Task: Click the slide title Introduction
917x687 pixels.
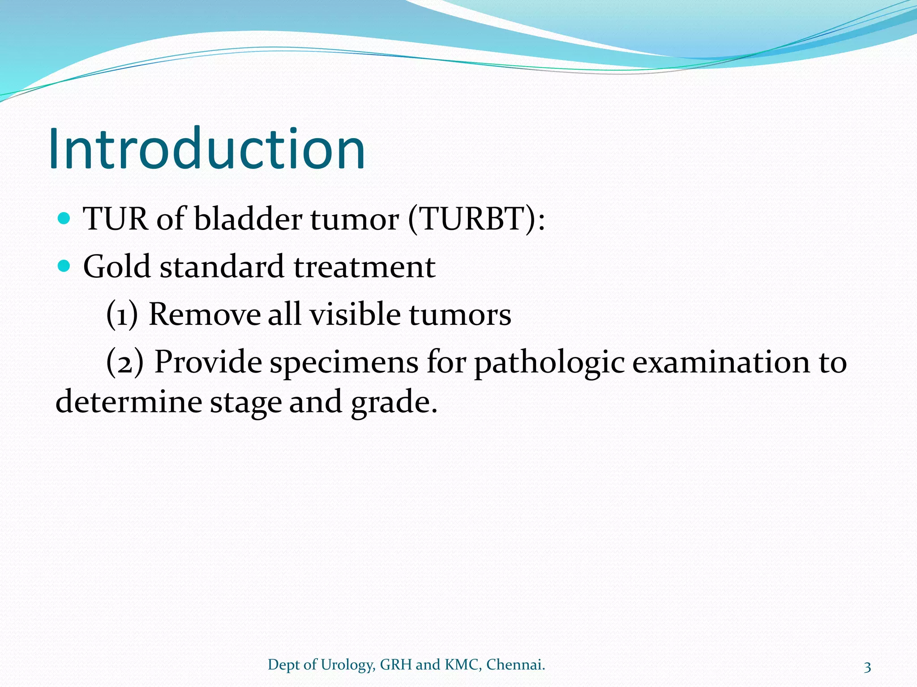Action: pyautogui.click(x=207, y=149)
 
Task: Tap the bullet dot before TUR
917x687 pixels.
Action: pyautogui.click(x=64, y=218)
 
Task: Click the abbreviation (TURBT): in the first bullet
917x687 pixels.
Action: pyautogui.click(x=476, y=219)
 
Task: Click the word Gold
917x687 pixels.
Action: pyautogui.click(x=117, y=267)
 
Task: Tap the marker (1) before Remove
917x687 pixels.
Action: pyautogui.click(x=122, y=314)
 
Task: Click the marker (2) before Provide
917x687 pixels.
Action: pyautogui.click(x=125, y=362)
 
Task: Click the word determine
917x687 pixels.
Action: pyautogui.click(x=129, y=401)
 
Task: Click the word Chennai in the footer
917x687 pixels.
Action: pyautogui.click(x=515, y=665)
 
